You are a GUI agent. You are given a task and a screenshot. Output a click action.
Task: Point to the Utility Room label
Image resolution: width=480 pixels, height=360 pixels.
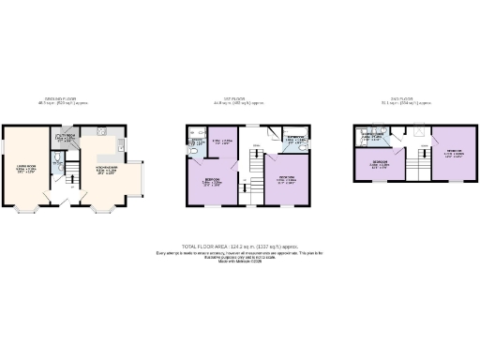pyautogui.click(x=65, y=138)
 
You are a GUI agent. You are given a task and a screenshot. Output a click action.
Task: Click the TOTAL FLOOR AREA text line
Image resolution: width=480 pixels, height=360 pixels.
pyautogui.click(x=240, y=246)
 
